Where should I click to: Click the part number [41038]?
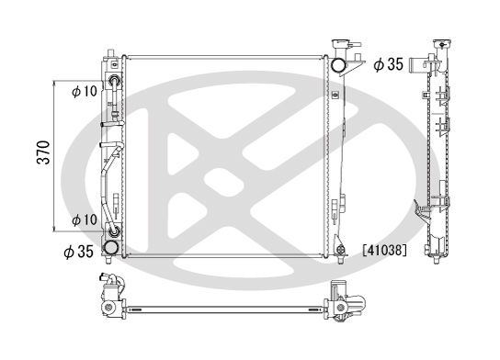tap(383, 248)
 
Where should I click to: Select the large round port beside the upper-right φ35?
tap(338, 64)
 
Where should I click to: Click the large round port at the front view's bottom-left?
tap(112, 247)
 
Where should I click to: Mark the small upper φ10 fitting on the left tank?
tap(113, 81)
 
